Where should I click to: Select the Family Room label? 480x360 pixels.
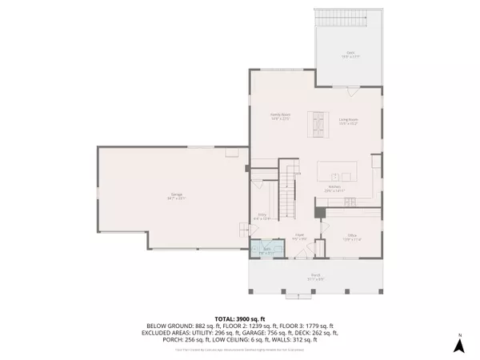(278, 117)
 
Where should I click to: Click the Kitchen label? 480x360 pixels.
(334, 189)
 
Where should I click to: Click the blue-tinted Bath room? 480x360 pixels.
(266, 250)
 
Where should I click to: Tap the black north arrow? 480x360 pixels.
(459, 346)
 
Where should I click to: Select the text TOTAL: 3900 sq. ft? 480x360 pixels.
(240, 318)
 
